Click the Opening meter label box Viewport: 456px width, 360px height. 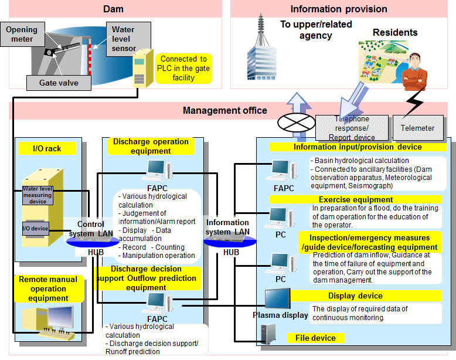22,35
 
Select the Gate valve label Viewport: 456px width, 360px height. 59,83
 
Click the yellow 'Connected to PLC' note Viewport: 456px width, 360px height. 183,68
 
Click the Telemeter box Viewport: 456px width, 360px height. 417,128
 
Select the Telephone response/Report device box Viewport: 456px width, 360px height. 352,128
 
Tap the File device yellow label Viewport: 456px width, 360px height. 315,338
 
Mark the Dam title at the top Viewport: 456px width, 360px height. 113,9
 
